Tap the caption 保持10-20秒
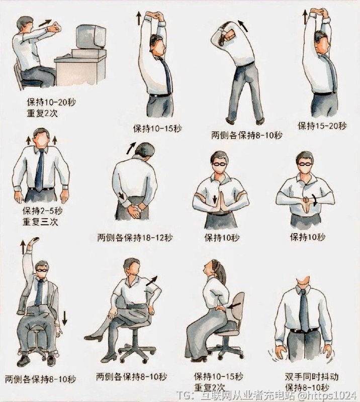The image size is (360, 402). [x=51, y=103]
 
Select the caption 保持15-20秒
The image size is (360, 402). [x=322, y=126]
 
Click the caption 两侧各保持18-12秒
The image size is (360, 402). [x=135, y=238]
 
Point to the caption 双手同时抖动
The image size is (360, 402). [x=312, y=376]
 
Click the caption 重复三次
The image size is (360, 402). [x=40, y=222]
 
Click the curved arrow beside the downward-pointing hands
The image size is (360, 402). [x=315, y=199]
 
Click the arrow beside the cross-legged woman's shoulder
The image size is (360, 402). [x=151, y=281]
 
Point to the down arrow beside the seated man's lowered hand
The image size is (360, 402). [x=64, y=318]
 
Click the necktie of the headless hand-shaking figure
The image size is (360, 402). [x=304, y=310]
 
